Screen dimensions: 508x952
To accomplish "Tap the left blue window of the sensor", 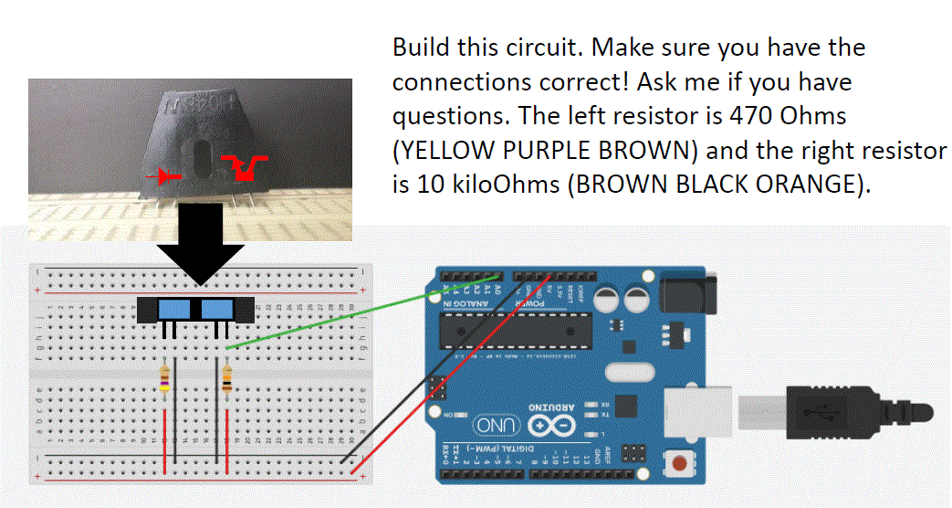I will (x=171, y=309).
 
